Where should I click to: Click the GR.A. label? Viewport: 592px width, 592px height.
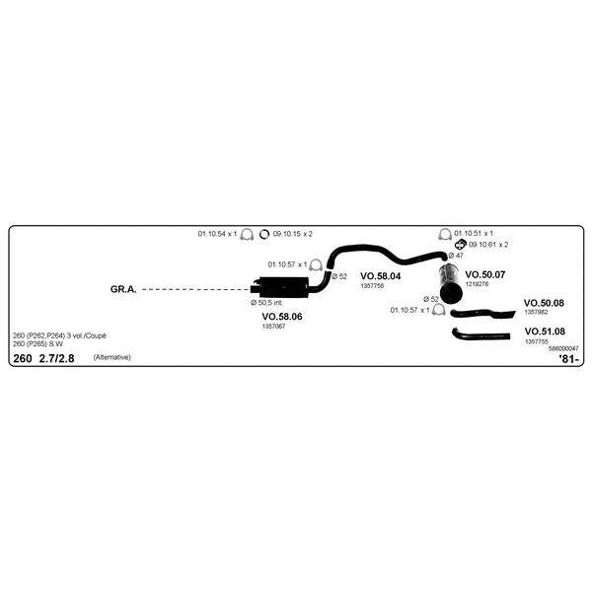tap(123, 289)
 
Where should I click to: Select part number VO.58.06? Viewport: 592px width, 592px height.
tap(282, 317)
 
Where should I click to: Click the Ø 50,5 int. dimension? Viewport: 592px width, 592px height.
tap(266, 303)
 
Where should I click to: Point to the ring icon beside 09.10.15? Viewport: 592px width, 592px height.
tap(264, 235)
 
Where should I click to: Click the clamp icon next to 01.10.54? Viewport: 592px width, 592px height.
tap(247, 235)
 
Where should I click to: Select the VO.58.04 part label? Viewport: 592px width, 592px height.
tap(380, 276)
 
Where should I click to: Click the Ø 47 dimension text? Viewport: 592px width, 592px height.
tap(456, 256)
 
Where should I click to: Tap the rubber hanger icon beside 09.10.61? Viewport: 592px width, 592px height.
tap(460, 245)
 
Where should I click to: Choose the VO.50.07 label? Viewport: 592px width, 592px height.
tap(484, 275)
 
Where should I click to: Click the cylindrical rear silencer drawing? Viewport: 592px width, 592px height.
tap(451, 284)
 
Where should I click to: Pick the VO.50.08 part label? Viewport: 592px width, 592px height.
tap(544, 303)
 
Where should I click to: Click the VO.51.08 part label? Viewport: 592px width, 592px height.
tap(545, 332)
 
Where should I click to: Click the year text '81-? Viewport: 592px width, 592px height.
tap(568, 359)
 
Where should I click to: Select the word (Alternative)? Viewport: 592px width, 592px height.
tap(112, 357)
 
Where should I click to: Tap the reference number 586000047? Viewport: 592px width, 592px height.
tap(563, 348)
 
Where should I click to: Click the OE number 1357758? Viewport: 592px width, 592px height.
tap(372, 286)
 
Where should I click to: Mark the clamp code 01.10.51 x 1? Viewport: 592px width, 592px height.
tap(474, 233)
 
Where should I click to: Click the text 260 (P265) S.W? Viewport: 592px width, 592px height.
tap(38, 344)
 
